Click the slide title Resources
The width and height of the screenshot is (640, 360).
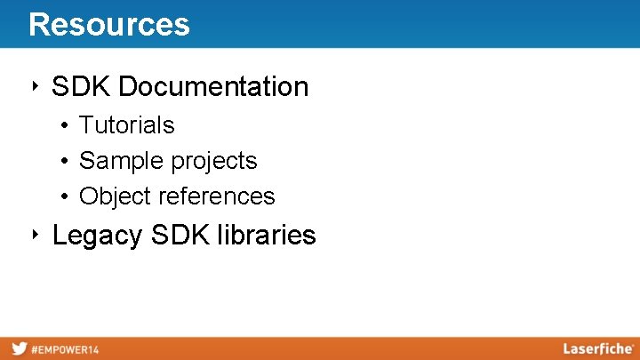click(108, 24)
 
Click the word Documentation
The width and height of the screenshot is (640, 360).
click(213, 87)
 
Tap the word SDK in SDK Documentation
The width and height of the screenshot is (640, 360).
click(82, 87)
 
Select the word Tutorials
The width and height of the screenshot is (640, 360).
click(127, 125)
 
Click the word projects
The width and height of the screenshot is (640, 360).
click(214, 161)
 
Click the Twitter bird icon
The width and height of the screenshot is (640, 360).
click(19, 348)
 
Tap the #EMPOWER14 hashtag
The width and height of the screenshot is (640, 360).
click(65, 349)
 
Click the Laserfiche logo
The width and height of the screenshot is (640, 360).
click(596, 348)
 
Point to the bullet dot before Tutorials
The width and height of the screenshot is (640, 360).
click(66, 126)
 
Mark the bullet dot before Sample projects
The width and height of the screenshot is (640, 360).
click(66, 162)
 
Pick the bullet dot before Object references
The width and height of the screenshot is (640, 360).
click(66, 196)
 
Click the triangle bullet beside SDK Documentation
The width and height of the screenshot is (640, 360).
click(33, 86)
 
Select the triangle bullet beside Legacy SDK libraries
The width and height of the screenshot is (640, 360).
click(33, 235)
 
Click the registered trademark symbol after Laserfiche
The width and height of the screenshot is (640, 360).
click(632, 345)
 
